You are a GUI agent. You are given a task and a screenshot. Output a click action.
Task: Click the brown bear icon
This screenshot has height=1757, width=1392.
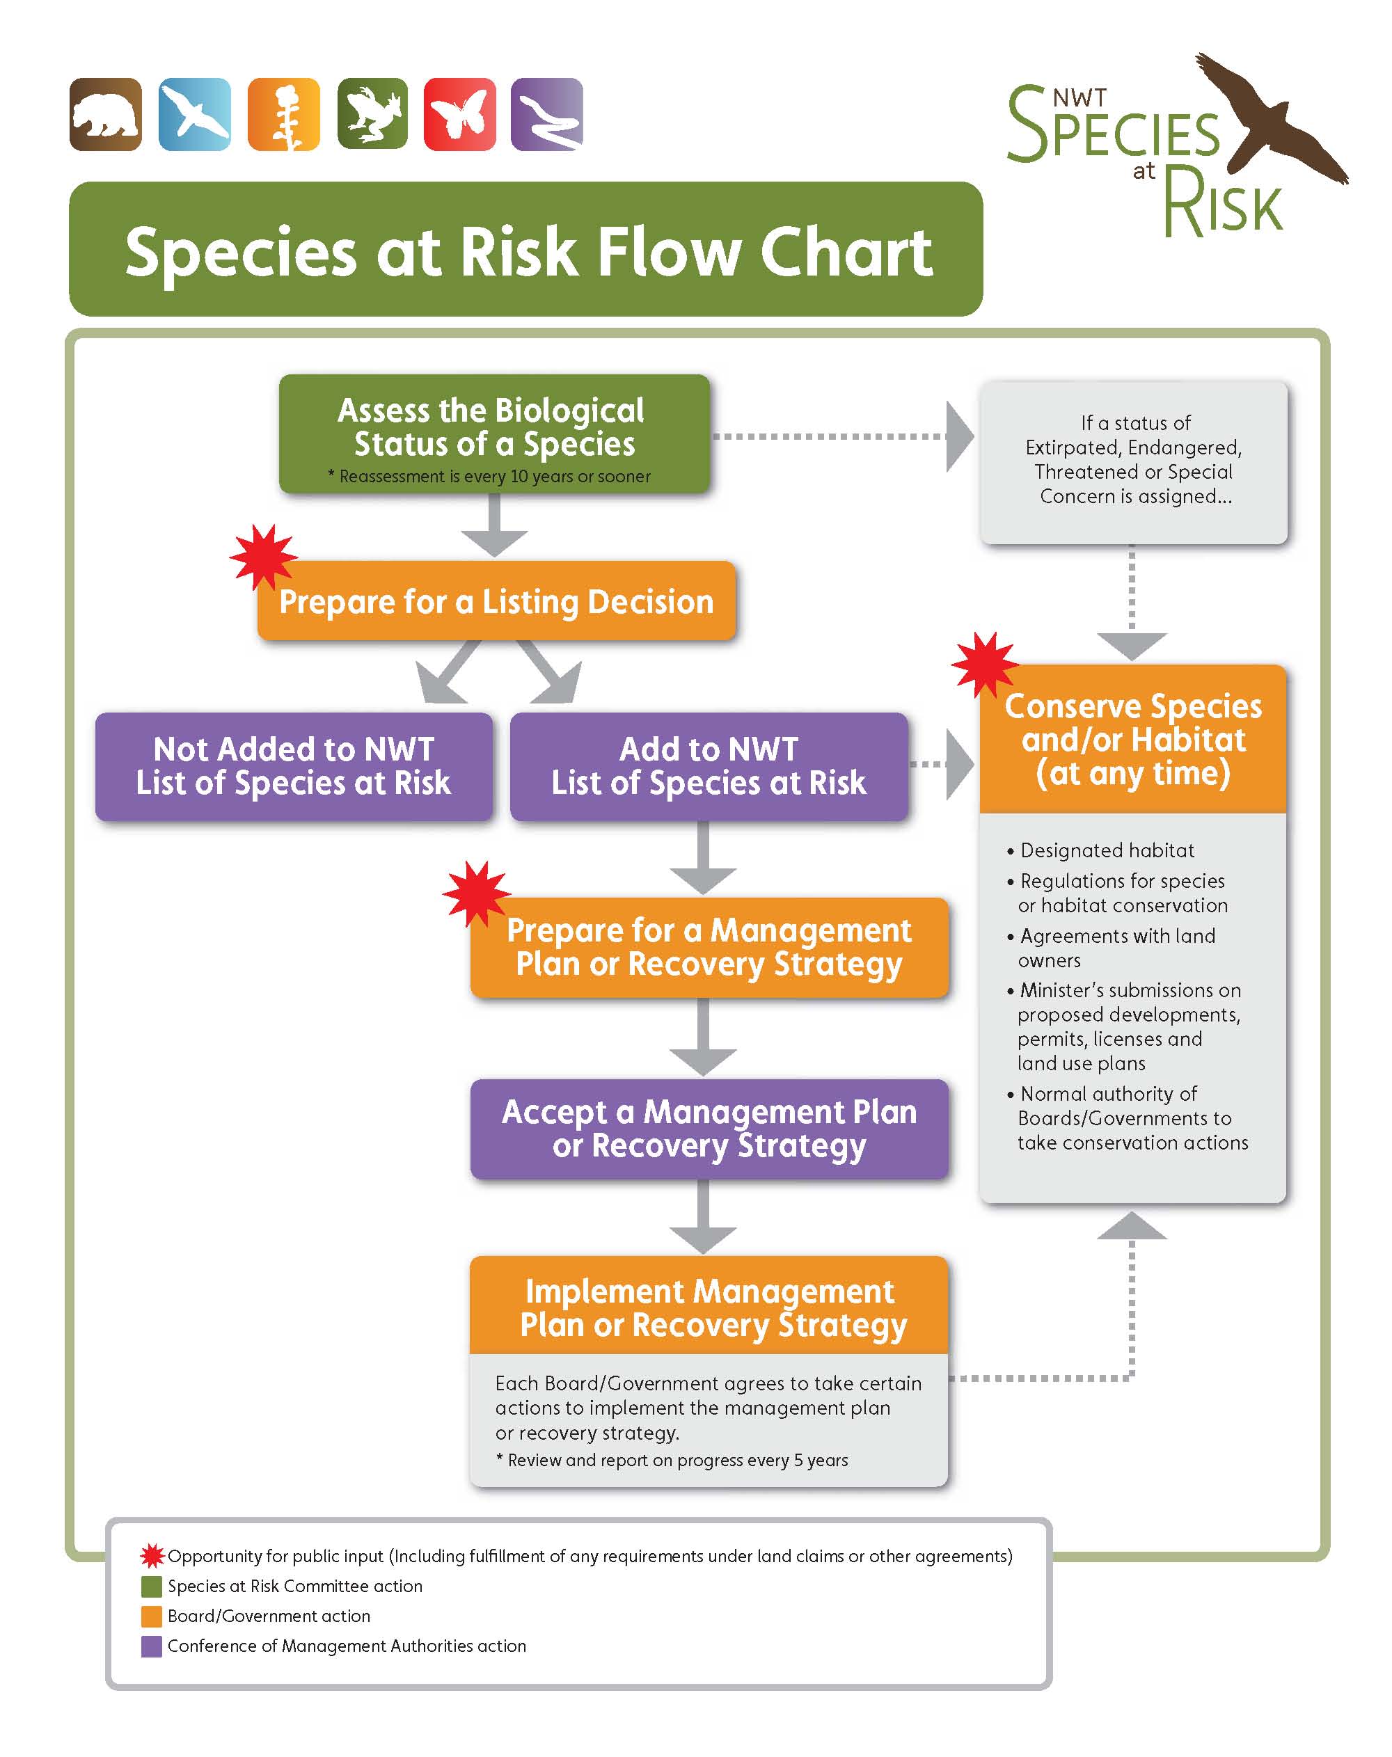point(106,115)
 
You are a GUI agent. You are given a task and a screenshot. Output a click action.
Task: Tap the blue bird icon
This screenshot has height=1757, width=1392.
point(195,115)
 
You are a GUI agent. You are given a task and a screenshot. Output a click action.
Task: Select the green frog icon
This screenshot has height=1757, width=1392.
point(372,115)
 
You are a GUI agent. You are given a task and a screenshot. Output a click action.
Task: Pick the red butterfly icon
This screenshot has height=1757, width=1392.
point(459,115)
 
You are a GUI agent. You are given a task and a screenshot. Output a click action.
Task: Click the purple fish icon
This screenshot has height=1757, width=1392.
point(547,115)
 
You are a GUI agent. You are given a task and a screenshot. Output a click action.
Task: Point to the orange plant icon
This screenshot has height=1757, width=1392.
point(283,115)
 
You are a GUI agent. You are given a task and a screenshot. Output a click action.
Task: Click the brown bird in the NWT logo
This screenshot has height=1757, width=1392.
point(1272,118)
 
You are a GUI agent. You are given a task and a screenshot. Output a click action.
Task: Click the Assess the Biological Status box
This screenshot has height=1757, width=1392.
point(494,434)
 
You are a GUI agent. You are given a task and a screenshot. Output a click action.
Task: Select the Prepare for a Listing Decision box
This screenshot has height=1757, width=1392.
point(496,601)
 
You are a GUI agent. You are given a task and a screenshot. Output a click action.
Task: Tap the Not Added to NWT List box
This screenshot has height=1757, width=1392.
point(294,766)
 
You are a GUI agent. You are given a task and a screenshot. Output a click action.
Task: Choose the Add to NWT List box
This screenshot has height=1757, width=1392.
point(709,766)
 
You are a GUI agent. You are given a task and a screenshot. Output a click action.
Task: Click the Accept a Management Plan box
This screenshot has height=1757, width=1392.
point(709,1129)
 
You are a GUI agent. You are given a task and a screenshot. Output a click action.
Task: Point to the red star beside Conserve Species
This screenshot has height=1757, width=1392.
point(985,664)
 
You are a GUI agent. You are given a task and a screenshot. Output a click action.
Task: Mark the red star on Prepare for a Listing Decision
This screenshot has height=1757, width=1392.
point(262,557)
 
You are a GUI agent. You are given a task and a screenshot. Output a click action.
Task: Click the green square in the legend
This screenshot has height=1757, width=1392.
point(152,1586)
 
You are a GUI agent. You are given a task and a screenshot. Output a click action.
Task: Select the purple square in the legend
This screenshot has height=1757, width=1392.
point(152,1646)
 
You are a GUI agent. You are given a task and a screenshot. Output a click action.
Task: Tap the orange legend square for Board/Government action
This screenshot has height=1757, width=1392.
point(152,1616)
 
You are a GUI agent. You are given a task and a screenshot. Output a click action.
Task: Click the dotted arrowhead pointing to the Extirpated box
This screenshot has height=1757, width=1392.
point(959,436)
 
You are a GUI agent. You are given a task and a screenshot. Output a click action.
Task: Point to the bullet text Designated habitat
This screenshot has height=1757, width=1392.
point(1107,850)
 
